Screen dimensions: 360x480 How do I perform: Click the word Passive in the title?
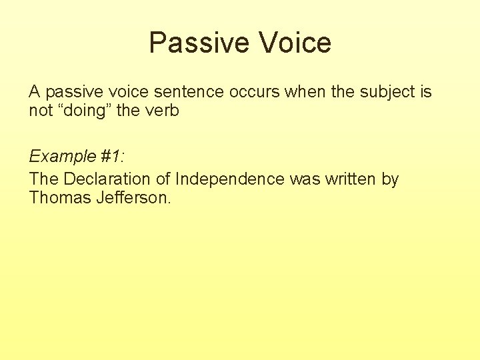pos(200,43)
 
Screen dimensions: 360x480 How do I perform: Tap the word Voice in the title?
pos(295,43)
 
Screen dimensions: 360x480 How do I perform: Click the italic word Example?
pos(63,157)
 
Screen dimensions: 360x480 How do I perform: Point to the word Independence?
pos(230,179)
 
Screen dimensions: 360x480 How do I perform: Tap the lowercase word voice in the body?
pos(129,91)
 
